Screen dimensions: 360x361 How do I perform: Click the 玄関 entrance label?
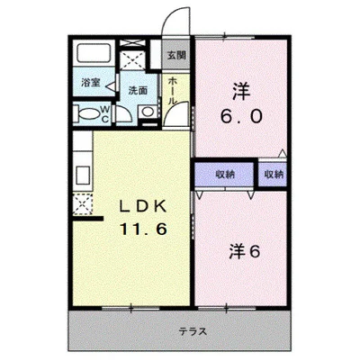176,55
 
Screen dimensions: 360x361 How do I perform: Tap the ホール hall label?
172,91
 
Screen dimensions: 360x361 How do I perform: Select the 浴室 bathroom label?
91,83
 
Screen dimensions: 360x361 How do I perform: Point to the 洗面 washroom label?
138,90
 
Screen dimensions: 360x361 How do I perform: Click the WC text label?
105,113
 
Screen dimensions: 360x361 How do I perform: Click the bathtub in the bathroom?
94,53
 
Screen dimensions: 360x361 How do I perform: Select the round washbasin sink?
148,112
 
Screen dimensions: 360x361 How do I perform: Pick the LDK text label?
143,207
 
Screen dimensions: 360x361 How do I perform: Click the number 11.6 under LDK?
143,230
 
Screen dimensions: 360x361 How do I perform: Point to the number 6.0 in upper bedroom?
241,116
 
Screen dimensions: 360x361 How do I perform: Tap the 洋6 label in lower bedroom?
245,252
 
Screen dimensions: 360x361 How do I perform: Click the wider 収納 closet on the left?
225,175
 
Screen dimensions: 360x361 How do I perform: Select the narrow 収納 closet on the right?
273,175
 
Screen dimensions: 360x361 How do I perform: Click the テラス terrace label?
193,331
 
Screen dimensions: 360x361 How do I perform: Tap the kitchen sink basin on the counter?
83,175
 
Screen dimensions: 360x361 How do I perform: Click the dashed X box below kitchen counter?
83,204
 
